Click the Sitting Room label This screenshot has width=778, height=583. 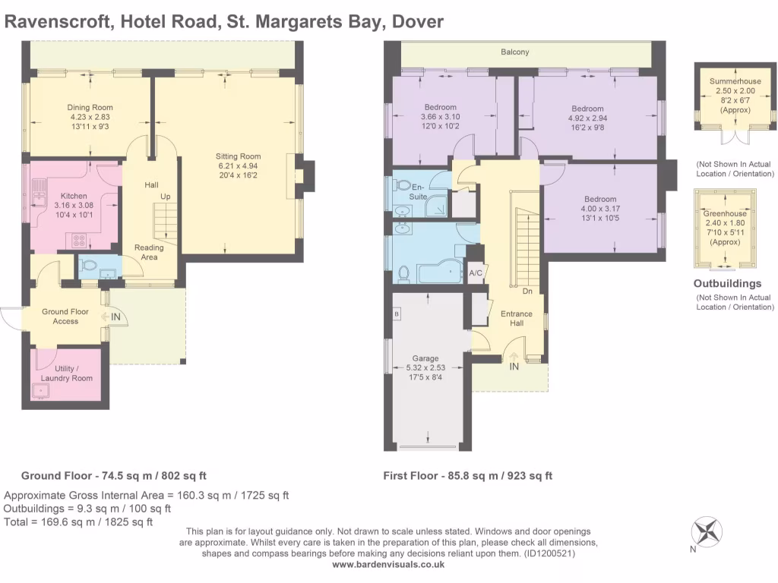238,156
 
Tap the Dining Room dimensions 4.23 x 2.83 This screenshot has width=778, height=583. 90,117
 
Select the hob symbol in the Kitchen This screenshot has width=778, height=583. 79,241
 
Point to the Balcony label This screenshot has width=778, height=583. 514,52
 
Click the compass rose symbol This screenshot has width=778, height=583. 707,531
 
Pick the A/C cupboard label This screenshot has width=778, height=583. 476,273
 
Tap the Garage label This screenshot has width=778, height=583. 425,358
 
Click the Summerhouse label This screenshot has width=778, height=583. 735,81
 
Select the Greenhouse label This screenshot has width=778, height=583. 724,213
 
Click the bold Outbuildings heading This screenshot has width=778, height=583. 727,284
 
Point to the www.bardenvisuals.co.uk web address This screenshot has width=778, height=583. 388,564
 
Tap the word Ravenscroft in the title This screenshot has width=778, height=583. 59,22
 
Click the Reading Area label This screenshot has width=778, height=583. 149,252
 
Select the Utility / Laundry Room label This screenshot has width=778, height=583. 67,373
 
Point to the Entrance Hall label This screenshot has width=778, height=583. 517,318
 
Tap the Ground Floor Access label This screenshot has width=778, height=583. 65,317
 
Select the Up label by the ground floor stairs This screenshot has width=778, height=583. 165,197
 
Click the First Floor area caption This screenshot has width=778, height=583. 467,476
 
